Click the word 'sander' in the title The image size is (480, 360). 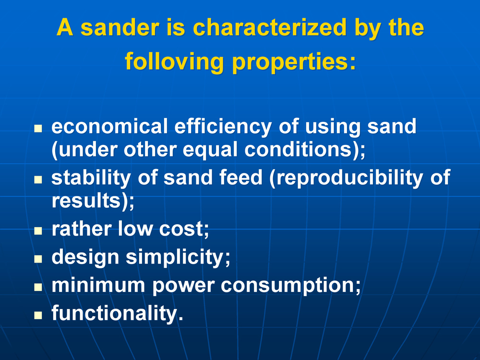120,27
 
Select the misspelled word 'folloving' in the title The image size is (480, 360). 174,62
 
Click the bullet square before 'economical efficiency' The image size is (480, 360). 38,128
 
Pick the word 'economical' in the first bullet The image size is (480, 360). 109,126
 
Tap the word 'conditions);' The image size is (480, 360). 305,150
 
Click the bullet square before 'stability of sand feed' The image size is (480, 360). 38,180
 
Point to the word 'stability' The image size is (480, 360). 91,178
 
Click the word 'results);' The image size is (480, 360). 93,201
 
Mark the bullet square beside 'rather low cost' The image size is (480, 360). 38,230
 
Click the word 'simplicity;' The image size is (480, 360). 178,257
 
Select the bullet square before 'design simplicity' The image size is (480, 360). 38,259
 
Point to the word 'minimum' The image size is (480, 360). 98,285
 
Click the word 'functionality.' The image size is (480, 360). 118,313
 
